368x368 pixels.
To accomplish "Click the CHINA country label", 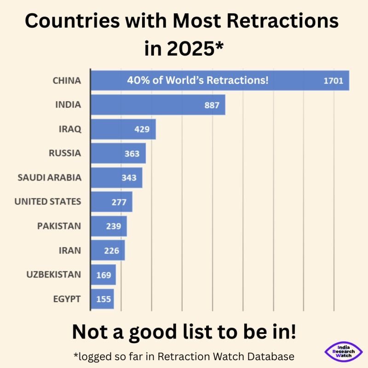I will pyautogui.click(x=67, y=80).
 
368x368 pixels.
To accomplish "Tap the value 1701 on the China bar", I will pyautogui.click(x=333, y=81).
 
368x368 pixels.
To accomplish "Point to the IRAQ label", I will pyautogui.click(x=70, y=129).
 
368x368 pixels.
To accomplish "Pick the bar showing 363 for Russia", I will pyautogui.click(x=118, y=153).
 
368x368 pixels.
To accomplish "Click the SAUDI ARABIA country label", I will pyautogui.click(x=49, y=178).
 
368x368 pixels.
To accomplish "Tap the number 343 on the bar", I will pyautogui.click(x=129, y=178).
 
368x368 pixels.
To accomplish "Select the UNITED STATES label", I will pyautogui.click(x=48, y=201).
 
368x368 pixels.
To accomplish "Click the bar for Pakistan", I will pyautogui.click(x=108, y=226).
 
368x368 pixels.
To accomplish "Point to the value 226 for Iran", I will pyautogui.click(x=111, y=251).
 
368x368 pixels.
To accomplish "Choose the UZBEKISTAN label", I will pyautogui.click(x=54, y=275).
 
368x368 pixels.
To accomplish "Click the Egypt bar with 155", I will pyautogui.click(x=102, y=299).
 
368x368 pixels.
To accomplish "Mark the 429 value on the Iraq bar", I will pyautogui.click(x=142, y=129).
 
